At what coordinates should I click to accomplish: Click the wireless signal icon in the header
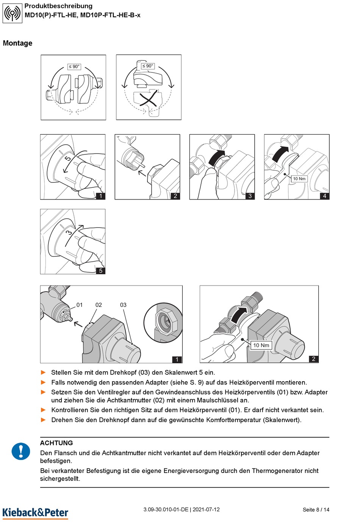[13, 13]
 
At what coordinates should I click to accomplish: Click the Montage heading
[17, 43]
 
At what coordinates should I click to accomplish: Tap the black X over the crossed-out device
[149, 99]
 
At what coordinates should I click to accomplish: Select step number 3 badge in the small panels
[250, 196]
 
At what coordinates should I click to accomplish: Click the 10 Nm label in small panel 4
[299, 179]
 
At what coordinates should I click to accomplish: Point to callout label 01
[80, 305]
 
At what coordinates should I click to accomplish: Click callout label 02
[99, 305]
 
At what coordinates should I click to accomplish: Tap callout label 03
[123, 305]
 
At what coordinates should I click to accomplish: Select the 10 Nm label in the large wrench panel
[261, 345]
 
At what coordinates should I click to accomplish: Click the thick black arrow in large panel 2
[239, 315]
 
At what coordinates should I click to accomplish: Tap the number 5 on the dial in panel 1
[67, 158]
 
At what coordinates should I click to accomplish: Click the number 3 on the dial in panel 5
[69, 232]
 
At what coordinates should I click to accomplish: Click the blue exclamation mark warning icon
[21, 451]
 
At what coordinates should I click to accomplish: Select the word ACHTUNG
[56, 443]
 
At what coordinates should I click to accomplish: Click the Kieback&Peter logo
[35, 512]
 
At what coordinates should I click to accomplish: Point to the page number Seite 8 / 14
[316, 510]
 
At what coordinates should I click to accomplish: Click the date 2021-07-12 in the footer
[206, 509]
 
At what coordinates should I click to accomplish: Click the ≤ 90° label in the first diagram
[74, 66]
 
